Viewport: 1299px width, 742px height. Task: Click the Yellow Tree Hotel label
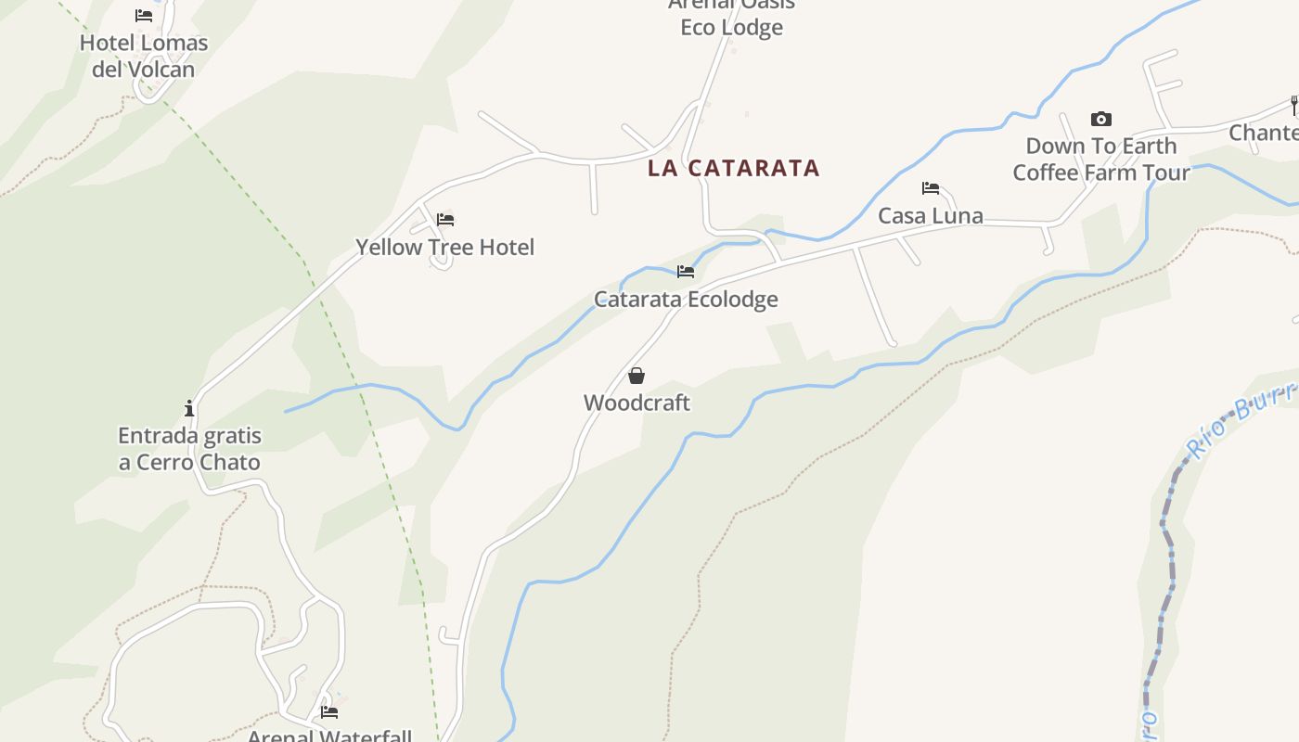coord(445,248)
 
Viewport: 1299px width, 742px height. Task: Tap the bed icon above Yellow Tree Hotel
coord(445,220)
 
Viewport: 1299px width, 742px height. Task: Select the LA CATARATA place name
coord(734,168)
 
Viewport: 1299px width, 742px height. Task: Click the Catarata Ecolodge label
coord(686,300)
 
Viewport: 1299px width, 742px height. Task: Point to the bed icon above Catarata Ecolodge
coord(686,272)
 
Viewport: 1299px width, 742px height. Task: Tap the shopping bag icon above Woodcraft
coord(637,376)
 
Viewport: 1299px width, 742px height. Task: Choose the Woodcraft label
coord(637,403)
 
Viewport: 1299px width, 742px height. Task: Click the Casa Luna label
coord(931,216)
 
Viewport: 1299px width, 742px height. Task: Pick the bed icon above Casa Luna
coord(931,188)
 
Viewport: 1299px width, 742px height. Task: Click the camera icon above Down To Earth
coord(1101,119)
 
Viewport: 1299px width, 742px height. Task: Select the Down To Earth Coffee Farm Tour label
coord(1101,160)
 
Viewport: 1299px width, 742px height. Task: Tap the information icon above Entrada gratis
coord(189,408)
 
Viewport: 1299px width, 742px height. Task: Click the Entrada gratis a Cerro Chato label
coord(189,449)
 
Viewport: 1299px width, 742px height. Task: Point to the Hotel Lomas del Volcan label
coord(144,56)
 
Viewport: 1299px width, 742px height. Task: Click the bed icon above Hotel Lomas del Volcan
coord(144,16)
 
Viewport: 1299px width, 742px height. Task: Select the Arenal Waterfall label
coord(329,736)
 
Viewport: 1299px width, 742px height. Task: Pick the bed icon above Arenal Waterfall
coord(329,712)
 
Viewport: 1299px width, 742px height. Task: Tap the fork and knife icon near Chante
coord(1293,105)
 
